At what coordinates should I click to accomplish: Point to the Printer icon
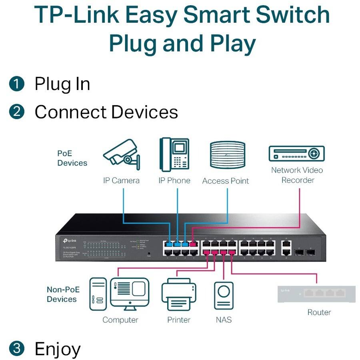point(178,296)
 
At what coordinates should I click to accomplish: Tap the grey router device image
point(316,294)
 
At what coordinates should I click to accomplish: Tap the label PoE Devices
point(72,158)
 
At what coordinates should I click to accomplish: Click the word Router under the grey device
point(319,312)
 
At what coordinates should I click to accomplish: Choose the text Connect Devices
point(106,112)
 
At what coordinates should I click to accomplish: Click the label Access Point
point(225,181)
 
